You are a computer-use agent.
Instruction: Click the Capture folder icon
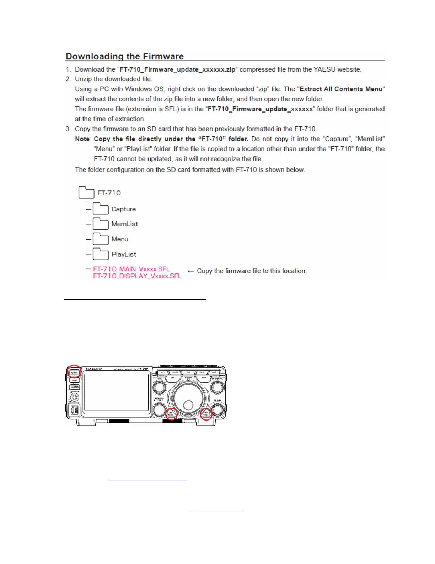[x=101, y=209]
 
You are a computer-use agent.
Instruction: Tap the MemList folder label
[x=125, y=224]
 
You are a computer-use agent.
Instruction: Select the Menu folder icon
[x=101, y=239]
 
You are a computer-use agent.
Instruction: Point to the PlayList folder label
[x=124, y=254]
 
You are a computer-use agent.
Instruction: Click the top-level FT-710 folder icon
[x=86, y=192]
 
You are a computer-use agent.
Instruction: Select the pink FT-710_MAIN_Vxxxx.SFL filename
[x=131, y=269]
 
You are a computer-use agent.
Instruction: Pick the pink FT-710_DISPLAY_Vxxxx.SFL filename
[x=137, y=276]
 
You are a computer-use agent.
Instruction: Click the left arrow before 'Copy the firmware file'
[x=191, y=271]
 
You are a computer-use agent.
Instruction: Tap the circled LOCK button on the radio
[x=75, y=372]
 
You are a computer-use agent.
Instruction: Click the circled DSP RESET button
[x=171, y=414]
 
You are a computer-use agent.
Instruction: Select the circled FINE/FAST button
[x=206, y=414]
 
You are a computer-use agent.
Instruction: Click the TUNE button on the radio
[x=75, y=380]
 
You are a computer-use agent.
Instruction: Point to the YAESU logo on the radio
[x=94, y=369]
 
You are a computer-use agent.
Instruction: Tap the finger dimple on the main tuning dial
[x=188, y=404]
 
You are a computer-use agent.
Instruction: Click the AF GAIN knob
[x=217, y=409]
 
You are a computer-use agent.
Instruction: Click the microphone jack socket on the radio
[x=75, y=397]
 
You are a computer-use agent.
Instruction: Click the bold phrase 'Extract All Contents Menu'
[x=341, y=89]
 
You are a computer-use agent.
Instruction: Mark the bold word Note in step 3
[x=82, y=139]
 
